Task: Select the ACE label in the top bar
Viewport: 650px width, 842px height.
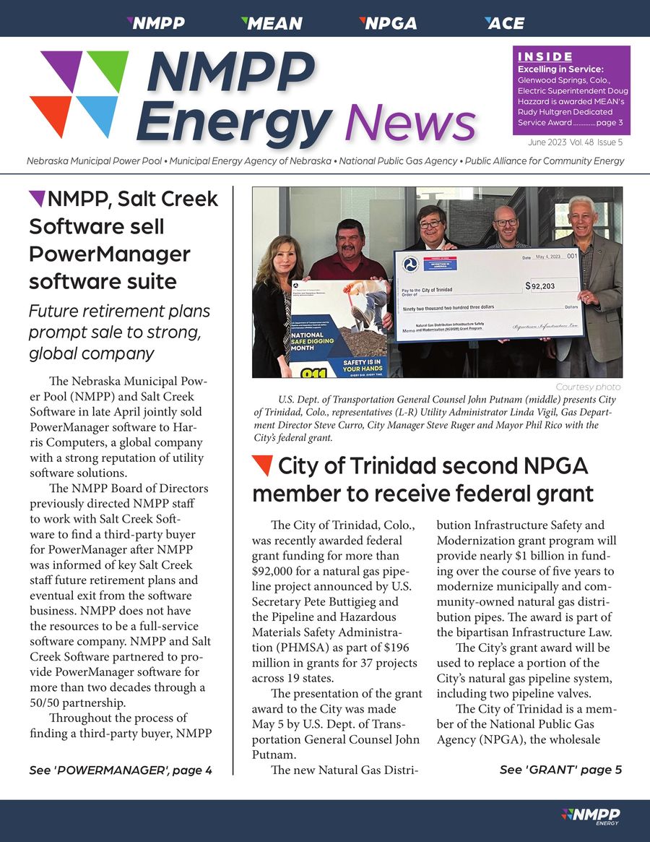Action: pyautogui.click(x=505, y=23)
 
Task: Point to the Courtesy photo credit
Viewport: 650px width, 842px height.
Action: pyautogui.click(x=589, y=387)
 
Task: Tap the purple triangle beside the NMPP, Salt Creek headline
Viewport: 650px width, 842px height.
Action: pyautogui.click(x=36, y=197)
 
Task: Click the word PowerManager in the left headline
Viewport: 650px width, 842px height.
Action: pyautogui.click(x=110, y=254)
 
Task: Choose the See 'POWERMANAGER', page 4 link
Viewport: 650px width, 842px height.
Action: pyautogui.click(x=121, y=770)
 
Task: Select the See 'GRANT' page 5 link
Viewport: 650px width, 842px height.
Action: pyautogui.click(x=560, y=770)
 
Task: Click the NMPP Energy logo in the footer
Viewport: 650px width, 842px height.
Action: pyautogui.click(x=590, y=816)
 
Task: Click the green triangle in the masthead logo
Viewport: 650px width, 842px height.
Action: pyautogui.click(x=108, y=69)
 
